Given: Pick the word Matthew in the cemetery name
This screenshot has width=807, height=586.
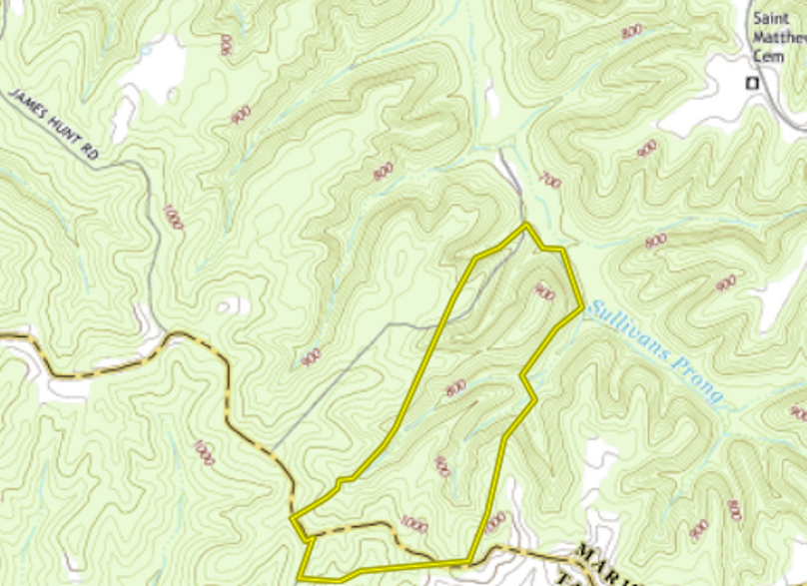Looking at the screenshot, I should (x=779, y=38).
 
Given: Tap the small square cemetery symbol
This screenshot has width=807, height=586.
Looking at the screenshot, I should (x=753, y=83).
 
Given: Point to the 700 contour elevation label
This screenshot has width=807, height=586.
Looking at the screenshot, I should (x=549, y=181).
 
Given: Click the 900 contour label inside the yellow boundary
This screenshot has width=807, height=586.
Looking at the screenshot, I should (x=544, y=292).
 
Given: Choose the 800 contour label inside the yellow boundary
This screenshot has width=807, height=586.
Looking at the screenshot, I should (x=456, y=387).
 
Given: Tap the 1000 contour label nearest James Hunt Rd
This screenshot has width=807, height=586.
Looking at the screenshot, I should (x=173, y=217).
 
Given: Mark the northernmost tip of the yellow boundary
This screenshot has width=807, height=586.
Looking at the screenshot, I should (x=526, y=225).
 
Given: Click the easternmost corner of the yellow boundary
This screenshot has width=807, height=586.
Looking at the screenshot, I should (x=582, y=309).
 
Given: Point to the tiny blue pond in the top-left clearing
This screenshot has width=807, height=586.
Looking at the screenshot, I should (x=146, y=48).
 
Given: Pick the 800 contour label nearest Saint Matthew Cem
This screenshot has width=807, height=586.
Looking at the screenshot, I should (x=631, y=32).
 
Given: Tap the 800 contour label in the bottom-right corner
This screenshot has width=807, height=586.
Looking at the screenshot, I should (x=735, y=510).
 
